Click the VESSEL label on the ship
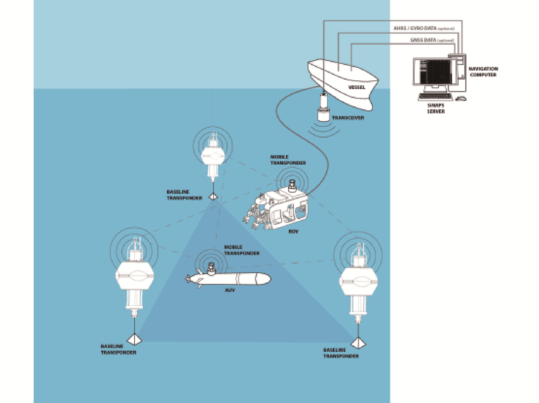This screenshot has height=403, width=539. [x=356, y=87]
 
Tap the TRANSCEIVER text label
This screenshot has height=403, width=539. [x=348, y=118]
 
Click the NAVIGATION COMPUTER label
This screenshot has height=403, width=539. [x=483, y=72]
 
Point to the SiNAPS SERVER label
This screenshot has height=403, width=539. [x=436, y=108]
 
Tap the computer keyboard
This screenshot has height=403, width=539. [x=435, y=97]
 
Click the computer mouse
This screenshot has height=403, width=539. [x=461, y=99]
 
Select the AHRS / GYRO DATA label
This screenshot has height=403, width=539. [x=424, y=28]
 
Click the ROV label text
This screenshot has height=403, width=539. [x=293, y=231]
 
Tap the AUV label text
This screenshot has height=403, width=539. [x=230, y=290]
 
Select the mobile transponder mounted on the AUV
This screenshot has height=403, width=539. [x=211, y=268]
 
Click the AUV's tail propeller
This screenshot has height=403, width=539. [x=188, y=279]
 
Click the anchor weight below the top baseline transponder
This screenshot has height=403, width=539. [x=213, y=197]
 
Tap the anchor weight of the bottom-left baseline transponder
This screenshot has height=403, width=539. [x=134, y=339]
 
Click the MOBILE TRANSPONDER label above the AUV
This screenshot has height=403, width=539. [x=242, y=250]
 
